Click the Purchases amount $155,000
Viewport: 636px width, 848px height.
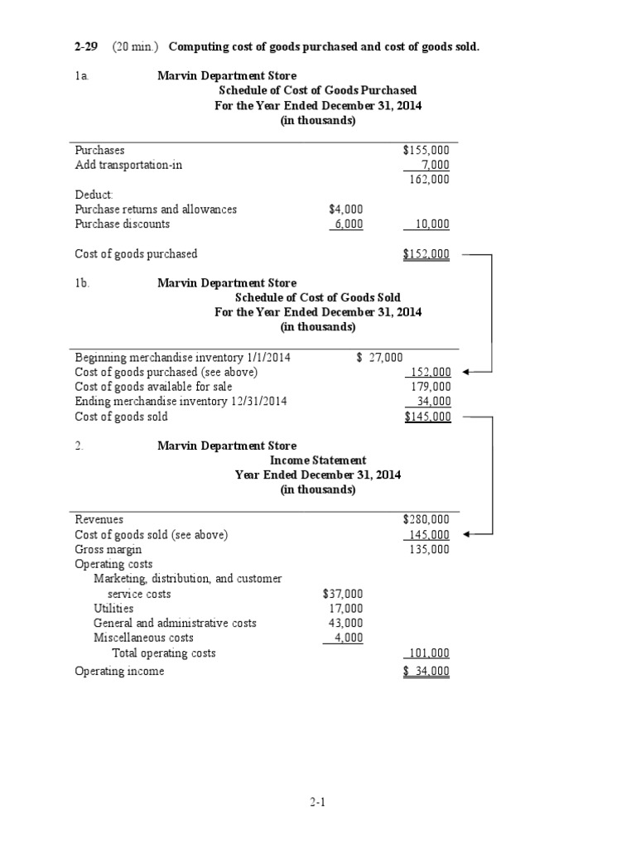426,150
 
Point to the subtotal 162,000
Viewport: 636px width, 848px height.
430,179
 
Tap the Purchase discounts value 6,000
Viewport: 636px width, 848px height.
346,224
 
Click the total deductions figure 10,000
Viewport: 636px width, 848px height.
430,224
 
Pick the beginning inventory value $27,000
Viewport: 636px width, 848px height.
379,357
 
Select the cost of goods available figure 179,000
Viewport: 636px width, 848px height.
431,387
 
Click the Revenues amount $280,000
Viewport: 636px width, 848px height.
426,519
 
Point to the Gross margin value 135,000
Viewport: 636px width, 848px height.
430,549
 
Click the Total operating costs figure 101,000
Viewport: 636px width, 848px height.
430,653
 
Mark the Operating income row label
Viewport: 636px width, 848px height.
119,671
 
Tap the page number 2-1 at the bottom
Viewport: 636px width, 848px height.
318,802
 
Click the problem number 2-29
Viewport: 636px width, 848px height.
86,46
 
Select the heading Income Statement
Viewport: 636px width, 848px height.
318,460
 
